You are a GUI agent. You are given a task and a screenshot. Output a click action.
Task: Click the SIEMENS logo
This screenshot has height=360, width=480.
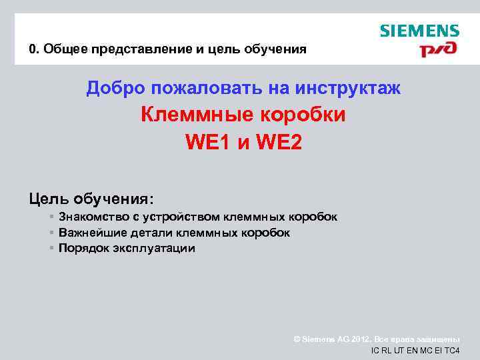pyautogui.click(x=419, y=31)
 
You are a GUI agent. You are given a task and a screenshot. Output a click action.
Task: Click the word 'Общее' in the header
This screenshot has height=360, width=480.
pyautogui.click(x=63, y=49)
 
